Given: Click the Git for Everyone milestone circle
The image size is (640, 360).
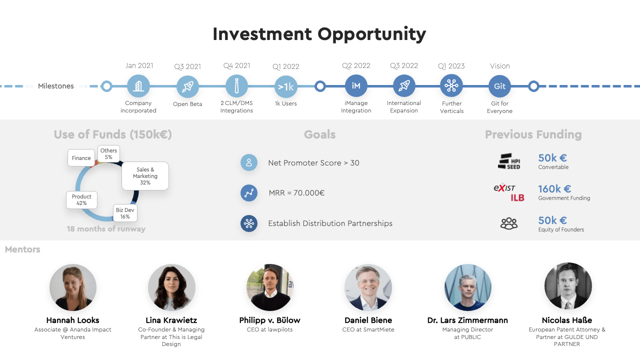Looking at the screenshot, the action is pyautogui.click(x=499, y=86).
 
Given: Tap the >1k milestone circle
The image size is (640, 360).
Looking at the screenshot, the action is pyautogui.click(x=285, y=86).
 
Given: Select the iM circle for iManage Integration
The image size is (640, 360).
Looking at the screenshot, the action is pyautogui.click(x=356, y=86).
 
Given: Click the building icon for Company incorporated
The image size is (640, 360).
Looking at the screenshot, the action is pyautogui.click(x=138, y=86).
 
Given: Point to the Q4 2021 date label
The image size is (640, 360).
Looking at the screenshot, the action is pyautogui.click(x=236, y=65).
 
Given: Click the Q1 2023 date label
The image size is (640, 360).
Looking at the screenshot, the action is pyautogui.click(x=451, y=66).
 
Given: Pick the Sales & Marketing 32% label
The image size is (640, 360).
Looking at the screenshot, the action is pyautogui.click(x=145, y=176).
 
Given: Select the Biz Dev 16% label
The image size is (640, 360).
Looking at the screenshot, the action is pyautogui.click(x=125, y=213).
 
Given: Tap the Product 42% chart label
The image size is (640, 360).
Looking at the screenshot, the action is pyautogui.click(x=81, y=199).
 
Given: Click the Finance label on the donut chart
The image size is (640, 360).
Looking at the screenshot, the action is pyautogui.click(x=81, y=157).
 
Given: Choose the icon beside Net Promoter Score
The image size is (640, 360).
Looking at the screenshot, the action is pyautogui.click(x=249, y=162).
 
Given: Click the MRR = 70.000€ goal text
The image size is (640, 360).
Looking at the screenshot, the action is pyautogui.click(x=296, y=193).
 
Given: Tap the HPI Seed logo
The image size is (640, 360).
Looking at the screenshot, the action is pyautogui.click(x=509, y=161).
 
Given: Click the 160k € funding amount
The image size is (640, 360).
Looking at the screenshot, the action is pyautogui.click(x=554, y=188).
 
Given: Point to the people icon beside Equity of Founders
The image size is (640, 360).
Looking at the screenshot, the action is pyautogui.click(x=509, y=223).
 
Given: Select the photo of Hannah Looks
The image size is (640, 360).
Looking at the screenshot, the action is pyautogui.click(x=73, y=287).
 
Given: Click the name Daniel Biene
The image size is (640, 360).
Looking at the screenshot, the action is pyautogui.click(x=368, y=320).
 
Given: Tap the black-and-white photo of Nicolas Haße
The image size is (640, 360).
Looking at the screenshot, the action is pyautogui.click(x=567, y=286).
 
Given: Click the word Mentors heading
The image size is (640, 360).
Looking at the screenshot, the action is pyautogui.click(x=22, y=249).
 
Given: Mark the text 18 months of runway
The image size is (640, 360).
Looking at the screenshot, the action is pyautogui.click(x=106, y=229).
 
